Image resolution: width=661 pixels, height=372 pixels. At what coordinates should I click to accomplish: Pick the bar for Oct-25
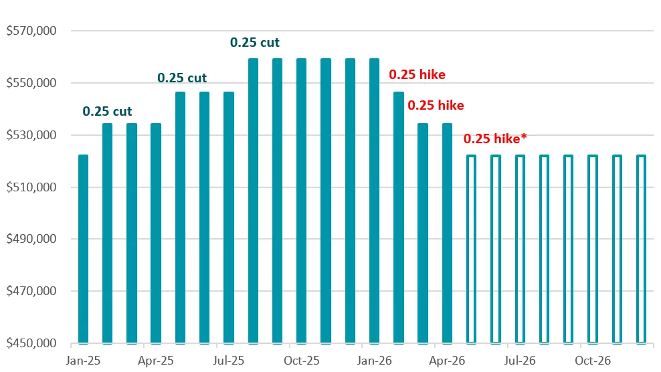(301, 201)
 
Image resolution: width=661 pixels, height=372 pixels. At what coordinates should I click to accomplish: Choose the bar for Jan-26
(374, 201)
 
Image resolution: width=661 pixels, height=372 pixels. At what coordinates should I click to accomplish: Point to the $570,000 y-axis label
(31, 31)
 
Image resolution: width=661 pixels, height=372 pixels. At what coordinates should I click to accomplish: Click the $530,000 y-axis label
(31, 135)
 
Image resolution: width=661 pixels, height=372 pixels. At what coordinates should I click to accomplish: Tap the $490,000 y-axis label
(31, 240)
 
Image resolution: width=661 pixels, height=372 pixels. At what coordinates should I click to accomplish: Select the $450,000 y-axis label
(31, 344)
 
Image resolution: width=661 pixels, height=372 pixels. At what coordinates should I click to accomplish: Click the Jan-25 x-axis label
(84, 360)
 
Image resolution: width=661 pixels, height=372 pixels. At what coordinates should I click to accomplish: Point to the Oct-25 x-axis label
(302, 360)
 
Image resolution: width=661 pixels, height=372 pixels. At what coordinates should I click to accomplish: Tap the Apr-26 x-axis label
(447, 360)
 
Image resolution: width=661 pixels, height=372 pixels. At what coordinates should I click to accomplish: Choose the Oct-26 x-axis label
(593, 360)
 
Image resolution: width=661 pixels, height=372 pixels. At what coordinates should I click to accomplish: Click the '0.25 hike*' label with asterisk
(495, 139)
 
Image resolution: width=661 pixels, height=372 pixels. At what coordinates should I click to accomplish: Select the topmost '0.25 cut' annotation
(255, 43)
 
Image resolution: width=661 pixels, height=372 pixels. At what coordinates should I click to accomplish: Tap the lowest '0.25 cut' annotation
(107, 112)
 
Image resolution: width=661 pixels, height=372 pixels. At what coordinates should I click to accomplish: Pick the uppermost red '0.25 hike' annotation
(417, 75)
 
